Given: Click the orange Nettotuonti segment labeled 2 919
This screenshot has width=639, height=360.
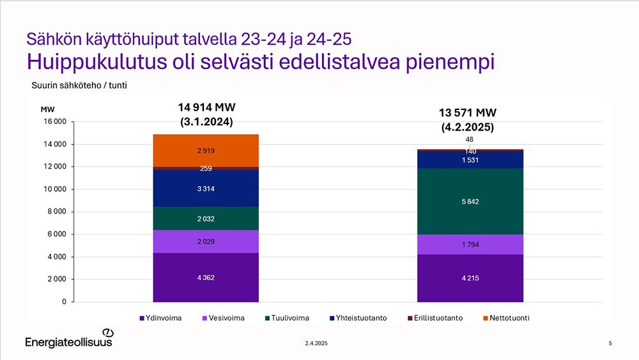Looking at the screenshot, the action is [206, 150].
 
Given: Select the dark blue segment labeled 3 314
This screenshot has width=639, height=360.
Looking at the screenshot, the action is [206, 189].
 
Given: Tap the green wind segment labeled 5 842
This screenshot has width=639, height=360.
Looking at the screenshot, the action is [470, 201].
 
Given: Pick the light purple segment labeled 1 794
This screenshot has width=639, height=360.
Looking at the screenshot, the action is [470, 244].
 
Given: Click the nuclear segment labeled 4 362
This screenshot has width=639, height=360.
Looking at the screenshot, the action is [206, 278].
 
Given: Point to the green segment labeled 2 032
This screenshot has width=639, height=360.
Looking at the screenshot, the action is [206, 219].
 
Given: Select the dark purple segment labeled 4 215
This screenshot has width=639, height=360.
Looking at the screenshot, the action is [470, 278].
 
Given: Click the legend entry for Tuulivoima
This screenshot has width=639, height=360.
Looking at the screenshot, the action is [288, 318].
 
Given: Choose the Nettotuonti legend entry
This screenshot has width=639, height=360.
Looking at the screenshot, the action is [507, 318].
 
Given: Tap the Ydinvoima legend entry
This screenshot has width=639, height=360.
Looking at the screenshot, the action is [160, 318].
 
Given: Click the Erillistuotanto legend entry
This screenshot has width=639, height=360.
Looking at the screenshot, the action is [435, 318].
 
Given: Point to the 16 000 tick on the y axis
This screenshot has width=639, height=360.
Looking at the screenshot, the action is [54, 121].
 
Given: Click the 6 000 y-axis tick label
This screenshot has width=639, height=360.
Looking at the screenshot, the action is [57, 234].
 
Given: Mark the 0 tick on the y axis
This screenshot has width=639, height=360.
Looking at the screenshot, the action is [64, 302].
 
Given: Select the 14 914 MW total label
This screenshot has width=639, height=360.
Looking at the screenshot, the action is [206, 107].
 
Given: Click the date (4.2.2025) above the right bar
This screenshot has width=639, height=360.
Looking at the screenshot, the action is [468, 127].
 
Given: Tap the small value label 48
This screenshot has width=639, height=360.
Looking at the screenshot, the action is [470, 139].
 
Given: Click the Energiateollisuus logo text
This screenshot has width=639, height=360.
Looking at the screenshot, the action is [68, 342].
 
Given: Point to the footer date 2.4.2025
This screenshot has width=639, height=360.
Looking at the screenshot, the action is [316, 343].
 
